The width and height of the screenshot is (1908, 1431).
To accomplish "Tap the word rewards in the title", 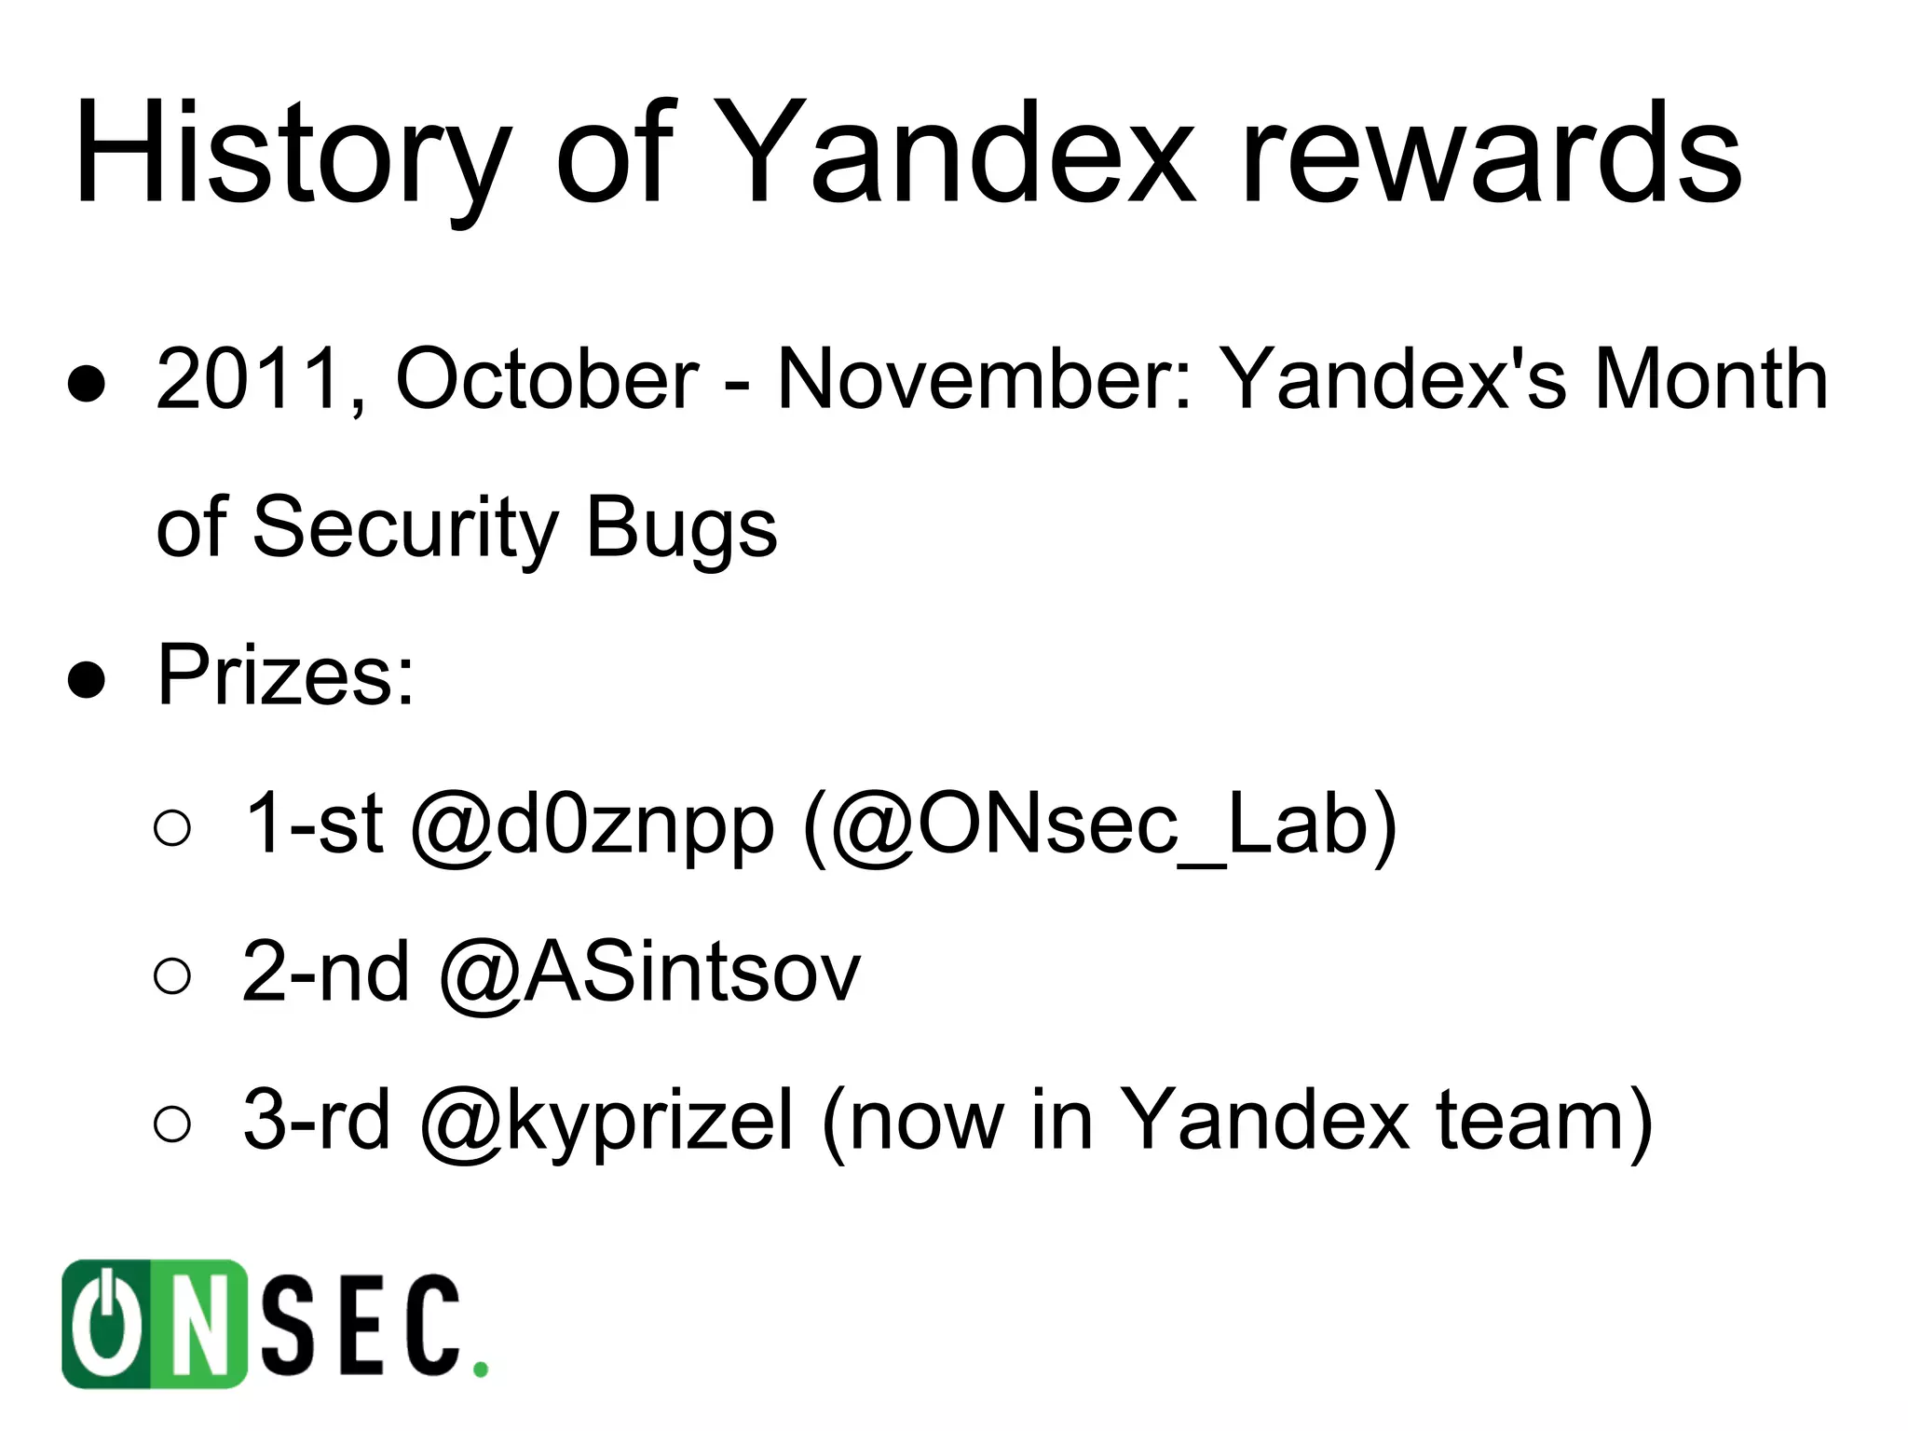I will point(1491,154).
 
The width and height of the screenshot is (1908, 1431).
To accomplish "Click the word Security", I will point(405,527).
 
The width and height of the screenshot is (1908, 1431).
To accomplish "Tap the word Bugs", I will point(681,527).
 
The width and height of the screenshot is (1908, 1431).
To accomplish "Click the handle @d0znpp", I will point(593,824).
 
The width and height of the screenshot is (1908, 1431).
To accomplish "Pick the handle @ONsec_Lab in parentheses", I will point(1099,824).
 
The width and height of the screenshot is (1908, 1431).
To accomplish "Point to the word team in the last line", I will point(1532,1120).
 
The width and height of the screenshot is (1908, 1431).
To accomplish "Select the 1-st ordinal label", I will point(313,824).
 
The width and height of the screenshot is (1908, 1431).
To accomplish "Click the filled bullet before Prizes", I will point(87,680).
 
